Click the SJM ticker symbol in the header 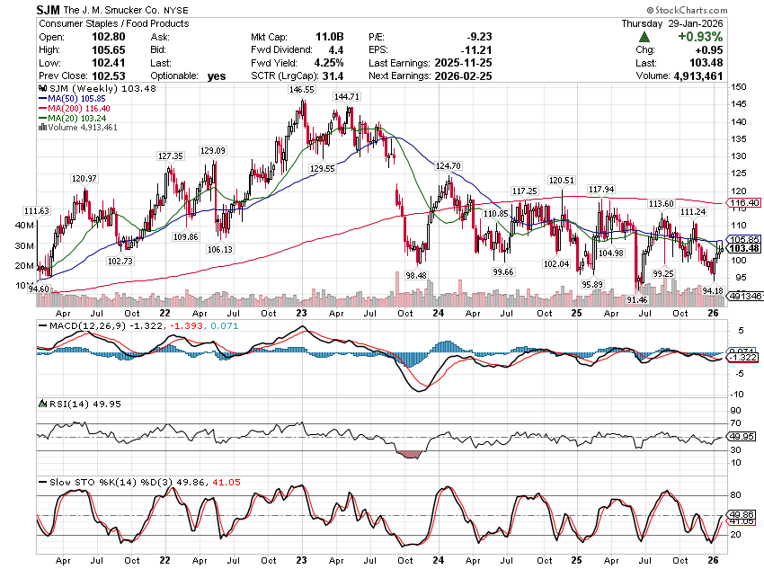tap(49, 8)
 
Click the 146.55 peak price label tap(301, 91)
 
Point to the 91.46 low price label tap(637, 299)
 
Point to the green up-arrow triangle tap(644, 37)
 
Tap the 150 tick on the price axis tap(737, 87)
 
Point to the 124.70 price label tap(448, 166)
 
